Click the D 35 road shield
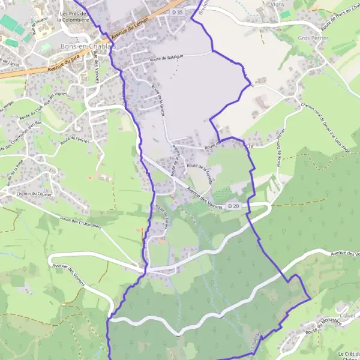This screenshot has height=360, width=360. pyautogui.click(x=176, y=12)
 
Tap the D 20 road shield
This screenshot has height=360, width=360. pyautogui.click(x=233, y=206)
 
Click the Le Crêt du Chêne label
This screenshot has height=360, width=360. pyautogui.click(x=348, y=354)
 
